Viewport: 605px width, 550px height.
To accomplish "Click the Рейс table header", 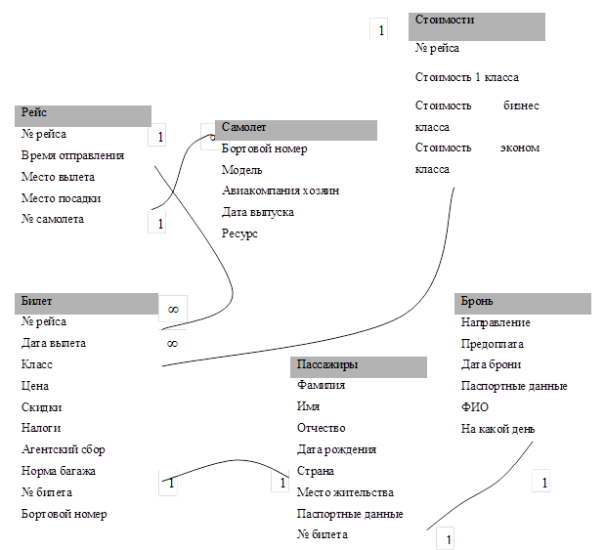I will [x=83, y=115].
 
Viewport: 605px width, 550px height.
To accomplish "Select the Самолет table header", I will [x=295, y=130].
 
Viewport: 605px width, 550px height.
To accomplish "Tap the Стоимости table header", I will [x=476, y=25].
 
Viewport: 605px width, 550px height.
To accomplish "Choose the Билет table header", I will [x=86, y=302].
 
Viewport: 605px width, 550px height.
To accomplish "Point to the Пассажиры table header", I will [x=358, y=366].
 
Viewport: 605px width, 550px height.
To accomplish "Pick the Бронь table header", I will [x=523, y=303].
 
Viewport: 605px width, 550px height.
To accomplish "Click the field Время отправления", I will [x=72, y=155].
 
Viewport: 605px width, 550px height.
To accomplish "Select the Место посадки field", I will [x=61, y=198].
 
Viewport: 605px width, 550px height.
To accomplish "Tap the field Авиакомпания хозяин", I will [x=280, y=190].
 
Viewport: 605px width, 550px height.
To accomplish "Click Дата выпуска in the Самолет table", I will [x=257, y=212].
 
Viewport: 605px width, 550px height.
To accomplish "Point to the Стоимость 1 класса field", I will [x=466, y=77].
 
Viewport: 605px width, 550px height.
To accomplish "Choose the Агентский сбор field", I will [x=63, y=449].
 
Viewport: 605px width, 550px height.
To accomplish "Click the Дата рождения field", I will [x=336, y=449].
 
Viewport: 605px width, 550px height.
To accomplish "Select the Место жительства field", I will [x=344, y=492].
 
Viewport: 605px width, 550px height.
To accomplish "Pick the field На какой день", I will [x=497, y=429].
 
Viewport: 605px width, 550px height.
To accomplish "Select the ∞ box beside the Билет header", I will [x=172, y=309].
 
